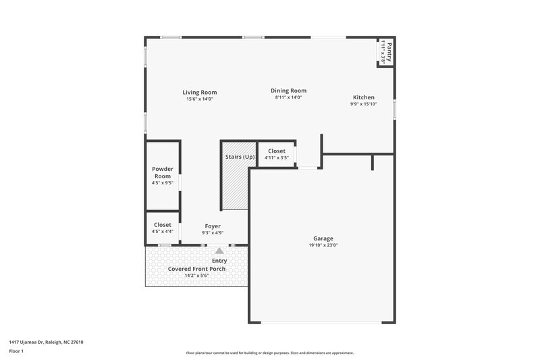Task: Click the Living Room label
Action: click(199, 93)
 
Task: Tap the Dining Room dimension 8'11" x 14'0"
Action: click(288, 97)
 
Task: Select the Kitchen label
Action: click(362, 97)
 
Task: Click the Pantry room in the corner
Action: click(385, 52)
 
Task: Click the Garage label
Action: click(323, 238)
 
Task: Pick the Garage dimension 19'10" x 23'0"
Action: click(323, 245)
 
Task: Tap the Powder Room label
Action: click(163, 172)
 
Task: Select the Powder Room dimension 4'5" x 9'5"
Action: click(163, 182)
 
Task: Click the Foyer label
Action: click(213, 226)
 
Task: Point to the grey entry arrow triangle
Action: click(219, 250)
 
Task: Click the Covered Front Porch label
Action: click(196, 269)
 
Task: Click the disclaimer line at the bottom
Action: click(269, 353)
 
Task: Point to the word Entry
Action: click(219, 261)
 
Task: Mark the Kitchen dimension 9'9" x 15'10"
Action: click(362, 104)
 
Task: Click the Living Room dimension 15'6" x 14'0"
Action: click(199, 99)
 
